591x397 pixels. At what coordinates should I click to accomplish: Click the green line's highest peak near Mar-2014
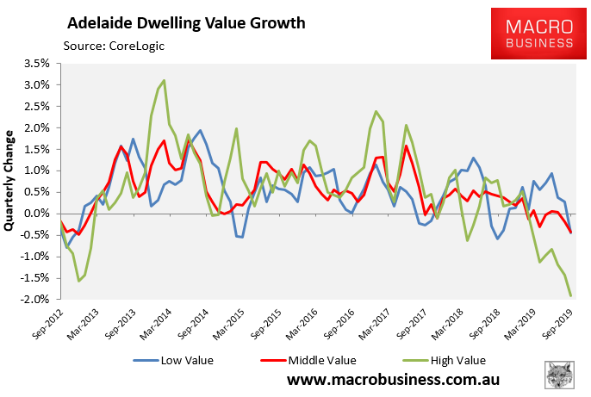point(164,80)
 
